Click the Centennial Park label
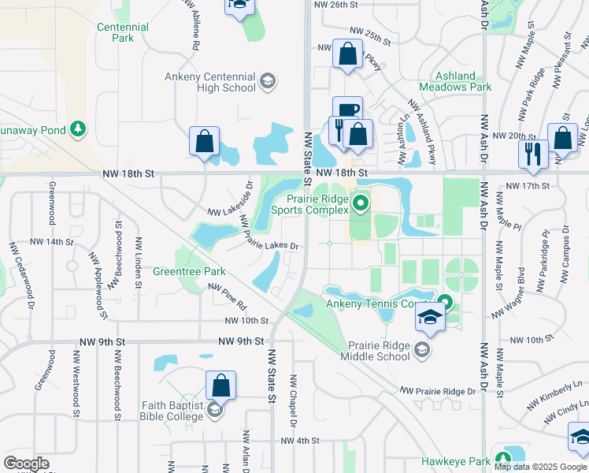click(122, 32)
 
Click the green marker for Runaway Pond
click(77, 128)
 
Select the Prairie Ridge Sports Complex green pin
click(361, 204)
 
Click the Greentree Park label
click(189, 271)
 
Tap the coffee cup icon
click(346, 110)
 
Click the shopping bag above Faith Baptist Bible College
click(221, 385)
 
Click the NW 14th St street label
click(51, 242)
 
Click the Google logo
click(26, 464)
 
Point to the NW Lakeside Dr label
click(230, 202)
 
